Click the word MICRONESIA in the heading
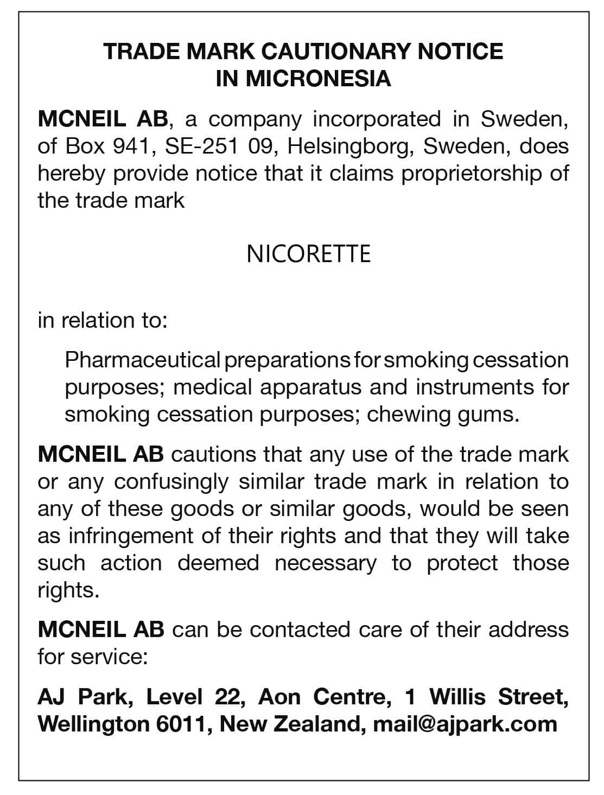pyautogui.click(x=318, y=79)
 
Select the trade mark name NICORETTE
pyautogui.click(x=308, y=254)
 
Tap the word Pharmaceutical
pyautogui.click(x=143, y=360)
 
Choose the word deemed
pyautogui.click(x=218, y=563)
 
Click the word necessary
pyautogui.click(x=325, y=563)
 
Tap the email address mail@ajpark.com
pyautogui.click(x=465, y=724)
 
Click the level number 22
pyautogui.click(x=228, y=697)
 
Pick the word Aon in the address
pyautogui.click(x=279, y=697)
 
